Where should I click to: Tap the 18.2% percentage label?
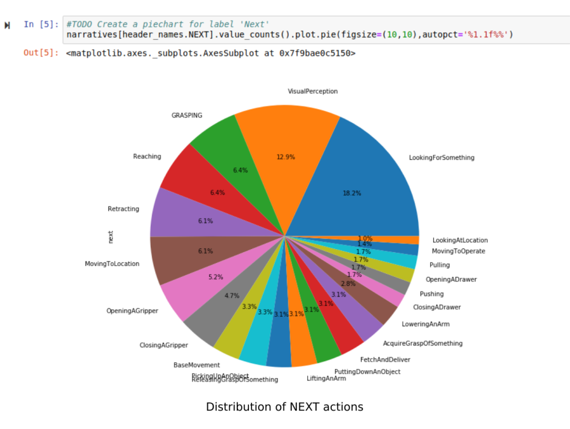pos(352,193)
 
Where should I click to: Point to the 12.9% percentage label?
pos(286,157)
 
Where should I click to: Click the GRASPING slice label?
pos(187,115)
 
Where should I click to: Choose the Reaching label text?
pos(147,157)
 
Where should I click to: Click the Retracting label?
pos(123,209)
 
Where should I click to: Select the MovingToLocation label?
pos(112,264)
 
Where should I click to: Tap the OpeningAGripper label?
pos(132,311)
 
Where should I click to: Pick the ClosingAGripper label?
pos(163,345)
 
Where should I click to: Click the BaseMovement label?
pos(196,365)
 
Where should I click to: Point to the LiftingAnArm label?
pos(326,378)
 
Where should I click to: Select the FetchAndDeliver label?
pos(385,359)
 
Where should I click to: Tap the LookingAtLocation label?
pos(460,240)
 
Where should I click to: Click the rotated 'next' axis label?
pos(111,236)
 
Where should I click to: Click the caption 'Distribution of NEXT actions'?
pos(284,407)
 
